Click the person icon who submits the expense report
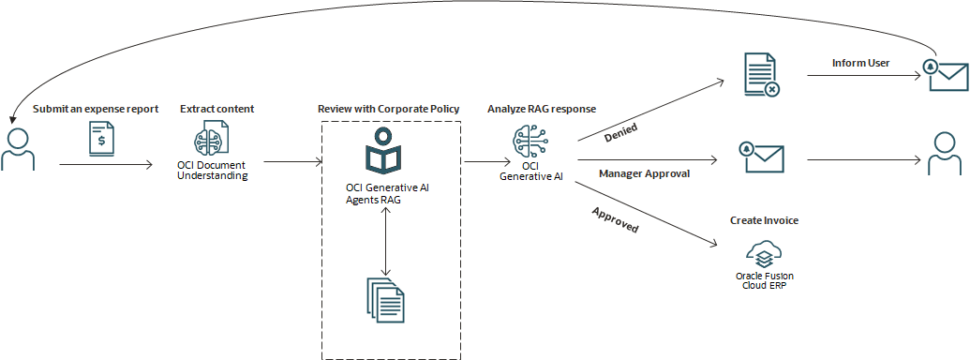click(x=18, y=151)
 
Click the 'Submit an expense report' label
click(x=96, y=109)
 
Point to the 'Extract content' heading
click(x=216, y=109)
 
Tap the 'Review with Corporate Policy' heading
click(x=389, y=109)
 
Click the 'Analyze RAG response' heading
click(x=541, y=109)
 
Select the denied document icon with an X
click(x=760, y=74)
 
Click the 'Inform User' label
click(x=860, y=64)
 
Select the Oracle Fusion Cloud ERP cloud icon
click(x=765, y=252)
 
